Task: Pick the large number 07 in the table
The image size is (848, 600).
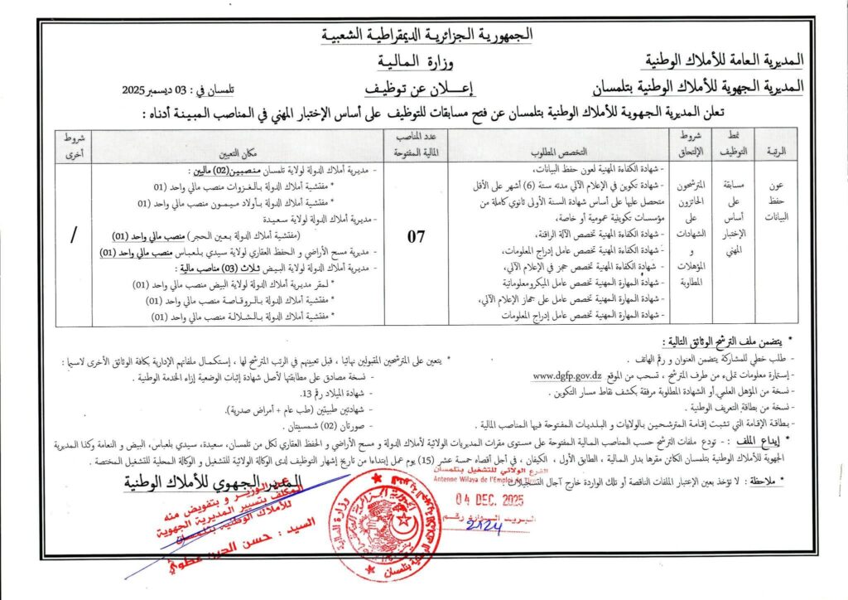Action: pyautogui.click(x=416, y=237)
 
